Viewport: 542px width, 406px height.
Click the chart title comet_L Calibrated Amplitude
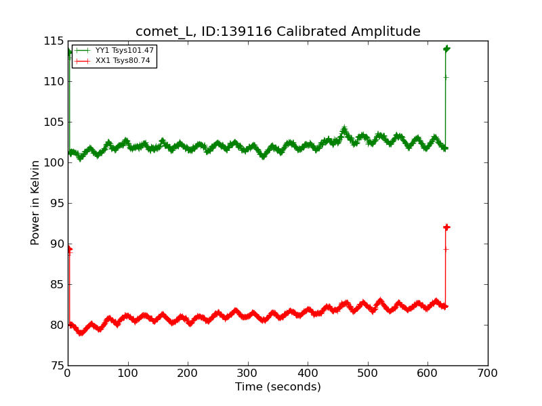point(278,32)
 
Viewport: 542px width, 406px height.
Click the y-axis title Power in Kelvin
point(35,202)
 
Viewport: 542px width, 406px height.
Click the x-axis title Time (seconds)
point(278,387)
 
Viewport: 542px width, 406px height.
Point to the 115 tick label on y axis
point(54,41)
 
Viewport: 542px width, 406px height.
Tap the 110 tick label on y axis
point(54,82)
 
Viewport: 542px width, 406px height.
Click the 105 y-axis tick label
point(54,122)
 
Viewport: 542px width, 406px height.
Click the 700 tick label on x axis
point(487,373)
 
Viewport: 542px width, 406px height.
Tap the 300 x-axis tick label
point(247,373)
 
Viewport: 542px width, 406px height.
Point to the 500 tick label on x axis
point(367,373)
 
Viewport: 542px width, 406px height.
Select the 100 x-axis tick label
point(127,373)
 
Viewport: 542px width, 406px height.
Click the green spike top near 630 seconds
point(446,49)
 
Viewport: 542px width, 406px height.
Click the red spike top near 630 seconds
point(446,227)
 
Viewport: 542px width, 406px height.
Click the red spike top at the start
point(69,249)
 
